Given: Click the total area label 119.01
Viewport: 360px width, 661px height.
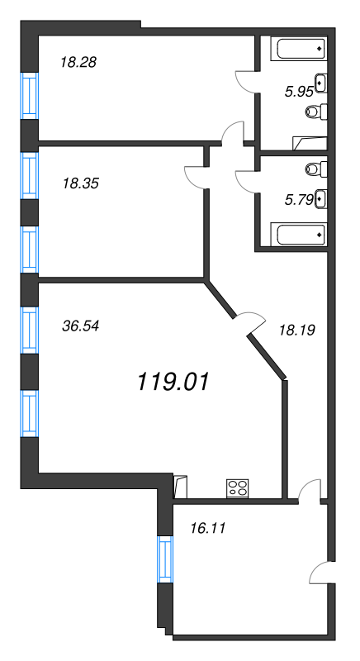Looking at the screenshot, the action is (173, 383).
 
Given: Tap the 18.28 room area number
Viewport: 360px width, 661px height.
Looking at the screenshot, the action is (78, 63).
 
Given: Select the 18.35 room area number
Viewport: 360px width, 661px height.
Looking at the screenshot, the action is (80, 183).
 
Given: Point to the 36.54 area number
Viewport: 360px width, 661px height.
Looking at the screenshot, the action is (80, 326).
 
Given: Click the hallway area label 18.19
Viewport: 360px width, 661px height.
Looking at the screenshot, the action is (297, 330).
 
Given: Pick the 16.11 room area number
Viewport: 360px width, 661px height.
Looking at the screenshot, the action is (208, 527).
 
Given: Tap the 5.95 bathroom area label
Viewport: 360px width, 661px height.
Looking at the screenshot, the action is (300, 92).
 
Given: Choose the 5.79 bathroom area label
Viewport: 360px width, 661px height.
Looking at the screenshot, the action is (300, 199).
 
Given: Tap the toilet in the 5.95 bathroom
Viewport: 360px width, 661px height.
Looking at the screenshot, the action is (316, 112).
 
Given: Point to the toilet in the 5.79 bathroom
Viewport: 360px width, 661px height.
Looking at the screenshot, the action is (316, 169).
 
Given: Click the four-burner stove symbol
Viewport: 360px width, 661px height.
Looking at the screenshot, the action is (238, 488).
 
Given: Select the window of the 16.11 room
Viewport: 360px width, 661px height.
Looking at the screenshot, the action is (165, 559).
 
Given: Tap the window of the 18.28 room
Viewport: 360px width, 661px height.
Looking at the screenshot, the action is (30, 96).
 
